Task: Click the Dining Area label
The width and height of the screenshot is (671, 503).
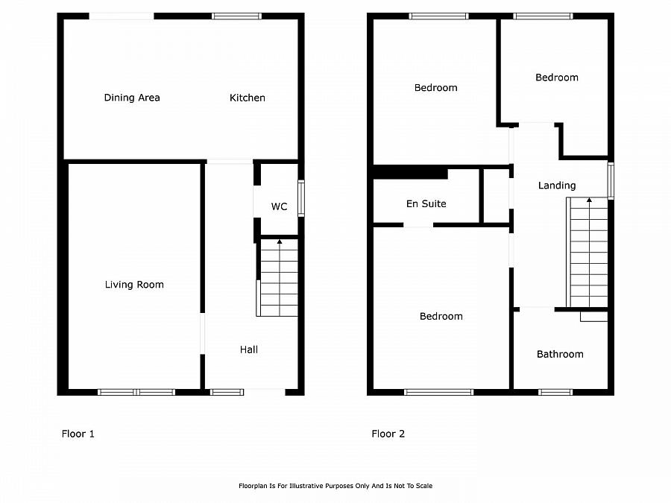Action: tap(132, 98)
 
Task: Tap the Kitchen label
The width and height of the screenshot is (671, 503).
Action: tap(248, 98)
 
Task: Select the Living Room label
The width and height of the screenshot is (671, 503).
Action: tap(134, 285)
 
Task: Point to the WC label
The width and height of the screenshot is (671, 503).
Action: tap(279, 206)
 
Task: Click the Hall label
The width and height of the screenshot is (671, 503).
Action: tap(248, 349)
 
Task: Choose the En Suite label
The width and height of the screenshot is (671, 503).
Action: tap(426, 203)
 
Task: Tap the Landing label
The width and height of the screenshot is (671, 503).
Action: tap(557, 186)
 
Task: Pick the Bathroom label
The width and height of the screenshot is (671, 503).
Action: tap(560, 354)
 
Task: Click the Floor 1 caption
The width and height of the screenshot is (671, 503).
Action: tap(78, 434)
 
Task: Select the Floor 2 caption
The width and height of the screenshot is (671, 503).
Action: tap(388, 434)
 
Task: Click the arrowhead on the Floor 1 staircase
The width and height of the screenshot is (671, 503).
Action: tap(280, 241)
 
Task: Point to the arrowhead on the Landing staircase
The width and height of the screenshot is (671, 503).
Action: tap(589, 200)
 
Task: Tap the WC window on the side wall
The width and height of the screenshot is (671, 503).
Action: tap(301, 198)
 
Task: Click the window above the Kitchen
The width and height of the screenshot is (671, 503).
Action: tap(236, 16)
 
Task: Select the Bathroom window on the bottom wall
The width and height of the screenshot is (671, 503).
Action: tap(555, 392)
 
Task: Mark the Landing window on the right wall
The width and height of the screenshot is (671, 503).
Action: tap(611, 181)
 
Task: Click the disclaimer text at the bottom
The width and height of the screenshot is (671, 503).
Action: tap(335, 486)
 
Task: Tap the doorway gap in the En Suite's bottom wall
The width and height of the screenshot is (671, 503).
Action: tap(418, 225)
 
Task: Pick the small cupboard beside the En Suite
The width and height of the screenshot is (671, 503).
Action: tap(496, 196)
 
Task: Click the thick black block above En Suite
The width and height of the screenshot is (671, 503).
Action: tap(410, 173)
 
